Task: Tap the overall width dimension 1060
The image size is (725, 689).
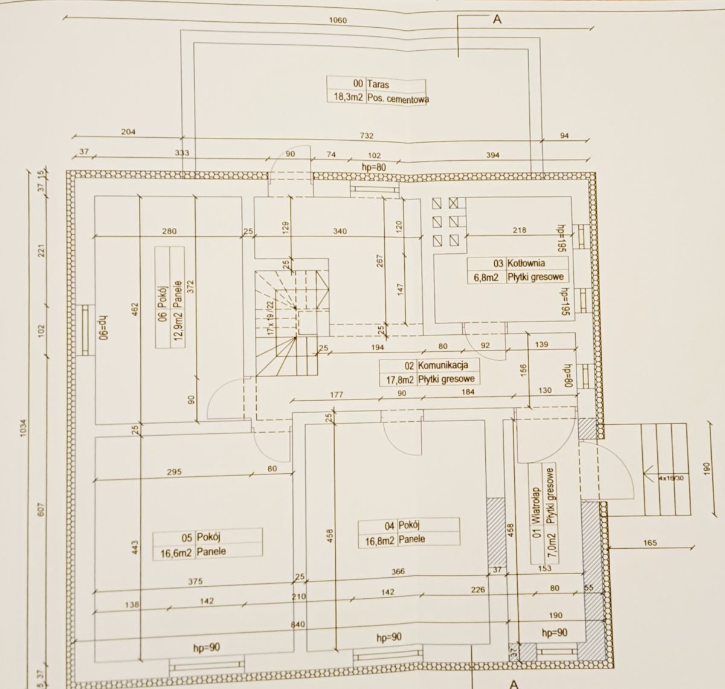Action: pyautogui.click(x=338, y=21)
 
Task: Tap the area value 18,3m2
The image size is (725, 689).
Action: pyautogui.click(x=346, y=99)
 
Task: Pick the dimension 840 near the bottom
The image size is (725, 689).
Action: pyautogui.click(x=295, y=625)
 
